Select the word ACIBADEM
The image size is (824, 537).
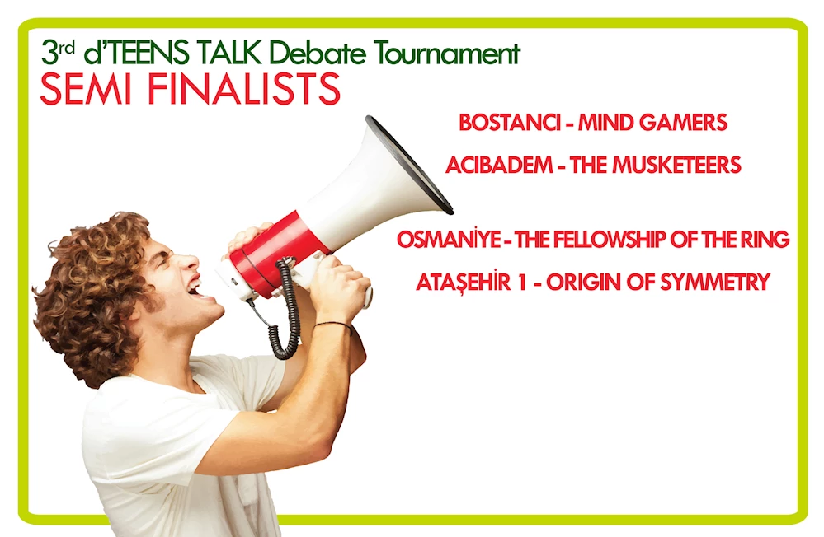tap(499, 166)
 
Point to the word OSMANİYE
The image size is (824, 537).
tap(449, 240)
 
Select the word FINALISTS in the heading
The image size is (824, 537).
tap(244, 89)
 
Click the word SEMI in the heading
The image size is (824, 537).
tap(86, 89)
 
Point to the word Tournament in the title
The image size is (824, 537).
tap(447, 53)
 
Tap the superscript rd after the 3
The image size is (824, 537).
tap(66, 48)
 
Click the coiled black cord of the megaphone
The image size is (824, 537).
tap(286, 310)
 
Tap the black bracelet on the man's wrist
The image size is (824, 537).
tap(333, 325)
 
